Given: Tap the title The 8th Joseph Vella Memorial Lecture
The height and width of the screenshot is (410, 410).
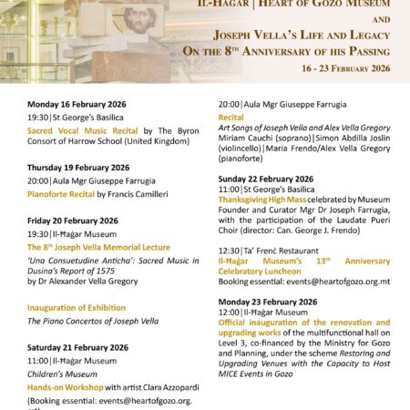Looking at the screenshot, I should coord(97,247).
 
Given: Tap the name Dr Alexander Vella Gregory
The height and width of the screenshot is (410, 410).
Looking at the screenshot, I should coord(93,282).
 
